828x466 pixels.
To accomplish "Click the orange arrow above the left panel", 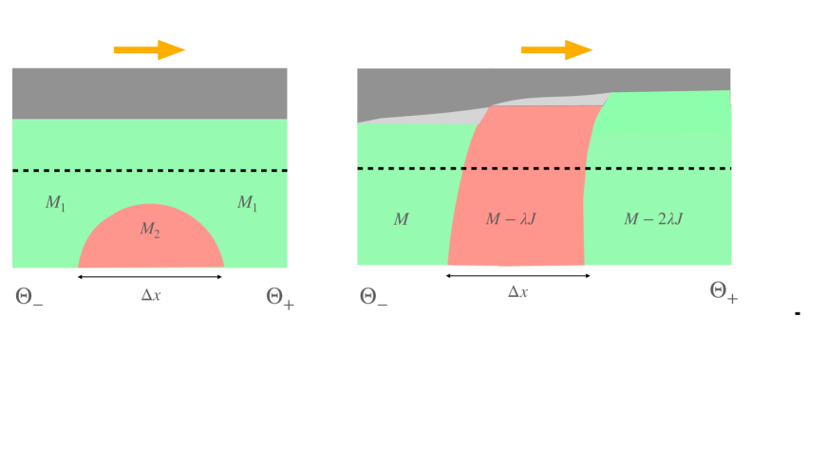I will click(x=149, y=50).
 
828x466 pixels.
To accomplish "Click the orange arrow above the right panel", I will click(x=556, y=50).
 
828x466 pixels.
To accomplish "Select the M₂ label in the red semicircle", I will click(x=151, y=229).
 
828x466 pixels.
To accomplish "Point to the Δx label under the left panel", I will click(x=151, y=295).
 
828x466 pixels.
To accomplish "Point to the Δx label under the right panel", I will click(x=517, y=292).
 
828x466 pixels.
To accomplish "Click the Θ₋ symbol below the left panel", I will click(x=29, y=297).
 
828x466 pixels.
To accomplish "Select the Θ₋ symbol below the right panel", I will click(x=374, y=297).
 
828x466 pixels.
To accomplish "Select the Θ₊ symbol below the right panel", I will click(x=724, y=292).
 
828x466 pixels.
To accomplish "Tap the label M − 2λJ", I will click(x=653, y=219).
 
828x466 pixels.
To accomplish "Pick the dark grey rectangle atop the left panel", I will click(x=149, y=93).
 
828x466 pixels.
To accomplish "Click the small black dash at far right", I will click(x=798, y=312).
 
